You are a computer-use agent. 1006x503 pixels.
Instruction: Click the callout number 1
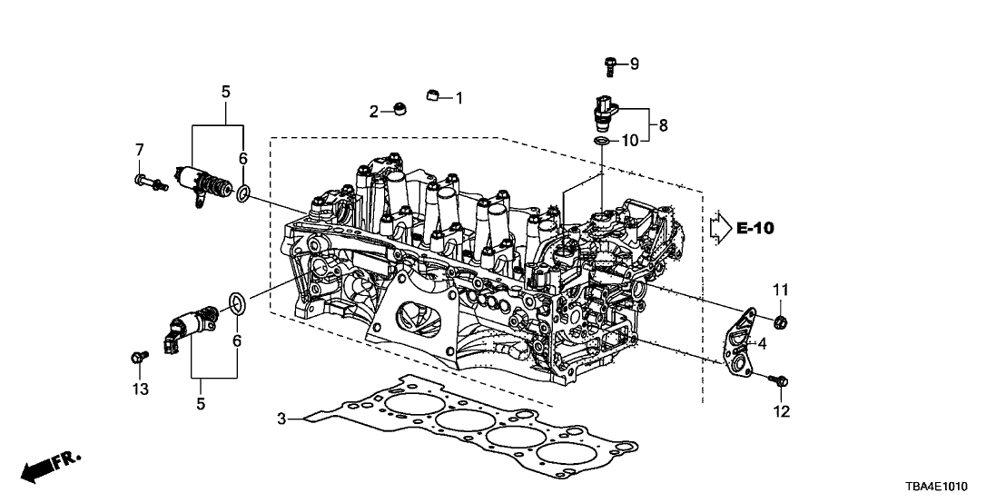459,97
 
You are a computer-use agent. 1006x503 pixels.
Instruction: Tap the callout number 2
373,112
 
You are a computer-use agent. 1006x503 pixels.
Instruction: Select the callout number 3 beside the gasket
282,419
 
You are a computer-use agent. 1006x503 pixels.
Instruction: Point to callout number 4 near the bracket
763,343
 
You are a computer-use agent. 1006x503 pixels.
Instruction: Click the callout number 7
140,149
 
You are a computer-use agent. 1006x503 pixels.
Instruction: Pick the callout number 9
635,64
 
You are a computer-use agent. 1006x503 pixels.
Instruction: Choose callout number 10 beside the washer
630,141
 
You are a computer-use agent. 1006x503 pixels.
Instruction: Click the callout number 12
781,411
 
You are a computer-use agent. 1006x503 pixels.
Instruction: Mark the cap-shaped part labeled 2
399,111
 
